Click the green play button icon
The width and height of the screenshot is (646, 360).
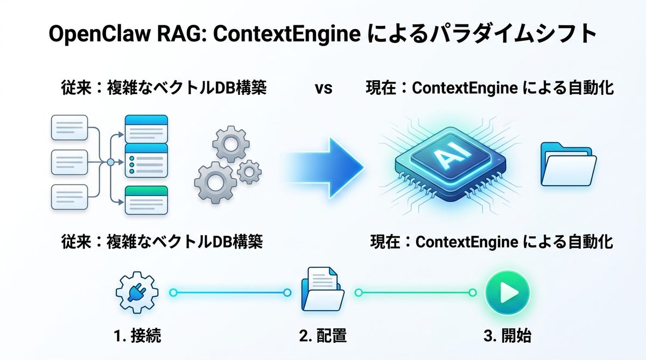pos(507,293)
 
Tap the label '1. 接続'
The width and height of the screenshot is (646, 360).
pos(137,337)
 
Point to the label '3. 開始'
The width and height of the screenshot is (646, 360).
pos(507,337)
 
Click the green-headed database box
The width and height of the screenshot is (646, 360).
pos(146,200)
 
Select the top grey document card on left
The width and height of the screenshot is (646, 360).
pos(68,127)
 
